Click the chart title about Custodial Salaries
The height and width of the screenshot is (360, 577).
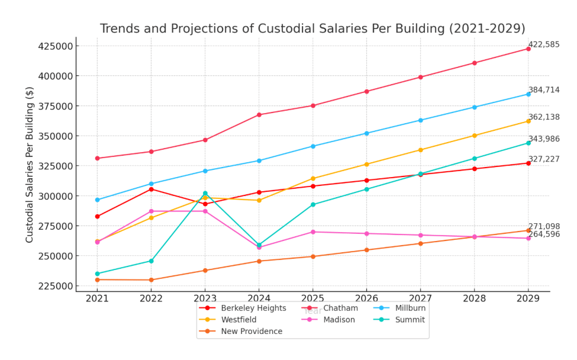point(312,28)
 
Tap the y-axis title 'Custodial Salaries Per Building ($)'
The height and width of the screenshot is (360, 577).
point(30,164)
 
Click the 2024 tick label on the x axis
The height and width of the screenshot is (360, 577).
point(259,299)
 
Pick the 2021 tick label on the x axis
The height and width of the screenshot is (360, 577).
point(97,299)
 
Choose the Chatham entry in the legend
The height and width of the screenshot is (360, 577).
point(340,308)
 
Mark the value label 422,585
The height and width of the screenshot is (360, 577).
point(543,44)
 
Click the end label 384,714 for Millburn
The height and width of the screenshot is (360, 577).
point(543,90)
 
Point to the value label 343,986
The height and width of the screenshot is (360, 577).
point(543,139)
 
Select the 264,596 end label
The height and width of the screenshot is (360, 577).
point(543,234)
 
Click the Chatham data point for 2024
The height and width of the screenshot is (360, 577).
point(259,115)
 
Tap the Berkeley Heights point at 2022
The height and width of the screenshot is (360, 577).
point(151,189)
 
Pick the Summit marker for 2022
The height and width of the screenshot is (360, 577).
point(151,261)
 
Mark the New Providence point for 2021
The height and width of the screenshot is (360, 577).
point(97,279)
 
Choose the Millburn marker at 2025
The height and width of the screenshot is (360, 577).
point(313,146)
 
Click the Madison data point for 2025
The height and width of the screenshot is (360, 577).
point(313,232)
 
